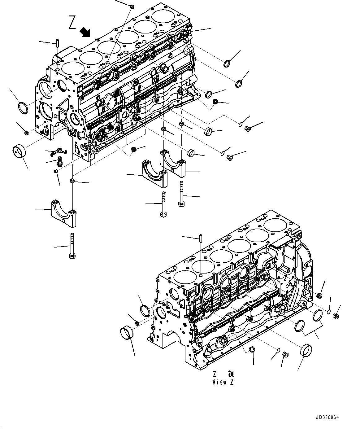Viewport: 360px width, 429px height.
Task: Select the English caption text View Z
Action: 223,382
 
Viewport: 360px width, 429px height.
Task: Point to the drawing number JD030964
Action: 327,417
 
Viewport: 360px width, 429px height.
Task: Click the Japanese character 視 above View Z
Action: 231,374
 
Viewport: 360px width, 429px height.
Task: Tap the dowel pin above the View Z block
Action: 201,238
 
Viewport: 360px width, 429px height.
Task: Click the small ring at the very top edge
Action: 132,7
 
